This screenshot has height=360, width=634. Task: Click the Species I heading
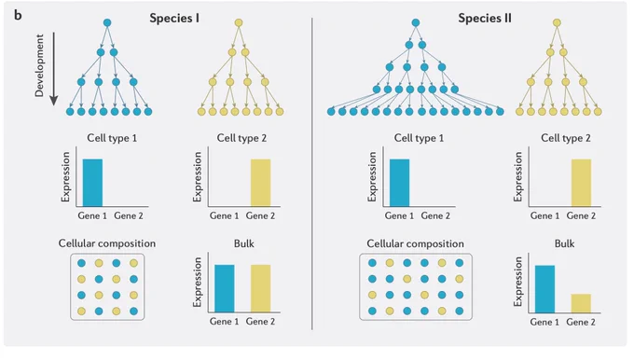point(174,19)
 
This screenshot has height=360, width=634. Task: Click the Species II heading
point(485,19)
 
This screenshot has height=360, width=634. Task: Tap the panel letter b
point(18,15)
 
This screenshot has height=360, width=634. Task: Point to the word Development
point(39,65)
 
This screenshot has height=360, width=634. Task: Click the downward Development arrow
point(53,69)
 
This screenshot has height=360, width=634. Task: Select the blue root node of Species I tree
point(107,22)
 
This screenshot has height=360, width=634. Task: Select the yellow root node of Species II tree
point(557,22)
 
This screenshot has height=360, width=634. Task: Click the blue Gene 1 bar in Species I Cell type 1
point(92,183)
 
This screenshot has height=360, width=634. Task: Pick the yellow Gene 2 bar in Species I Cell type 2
point(260,183)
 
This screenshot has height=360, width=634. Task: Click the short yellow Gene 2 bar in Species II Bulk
point(581,303)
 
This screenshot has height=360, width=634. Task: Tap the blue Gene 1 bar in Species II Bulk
point(544,289)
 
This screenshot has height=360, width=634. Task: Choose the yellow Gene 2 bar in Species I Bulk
point(260,288)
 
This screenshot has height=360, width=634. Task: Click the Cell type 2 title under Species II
point(566,138)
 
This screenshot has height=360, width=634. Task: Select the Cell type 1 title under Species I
point(112,138)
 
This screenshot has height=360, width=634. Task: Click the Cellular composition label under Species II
point(415,244)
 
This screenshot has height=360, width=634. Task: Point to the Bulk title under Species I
point(244,243)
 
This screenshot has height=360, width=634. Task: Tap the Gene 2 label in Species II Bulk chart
point(581,322)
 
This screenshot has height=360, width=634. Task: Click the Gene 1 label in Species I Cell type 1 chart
point(92,215)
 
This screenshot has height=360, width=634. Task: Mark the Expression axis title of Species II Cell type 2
point(518,176)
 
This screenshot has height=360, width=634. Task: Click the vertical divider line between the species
point(312,173)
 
